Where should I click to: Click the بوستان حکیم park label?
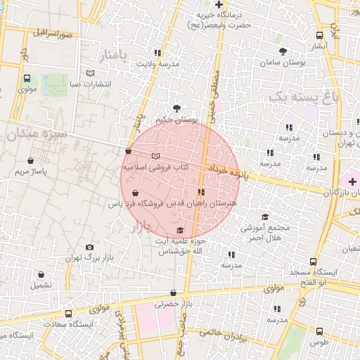click(x=173, y=120)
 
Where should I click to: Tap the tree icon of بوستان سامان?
click(x=283, y=51)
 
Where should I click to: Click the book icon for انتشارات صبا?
click(x=89, y=73)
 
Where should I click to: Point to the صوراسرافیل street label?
click(x=54, y=33)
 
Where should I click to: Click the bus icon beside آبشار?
click(x=320, y=36)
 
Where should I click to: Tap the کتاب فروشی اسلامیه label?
click(x=156, y=167)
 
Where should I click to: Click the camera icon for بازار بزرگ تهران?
click(x=89, y=247)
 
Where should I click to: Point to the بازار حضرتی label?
click(x=168, y=303)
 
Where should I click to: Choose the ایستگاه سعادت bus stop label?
click(x=68, y=324)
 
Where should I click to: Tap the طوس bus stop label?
click(x=320, y=342)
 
